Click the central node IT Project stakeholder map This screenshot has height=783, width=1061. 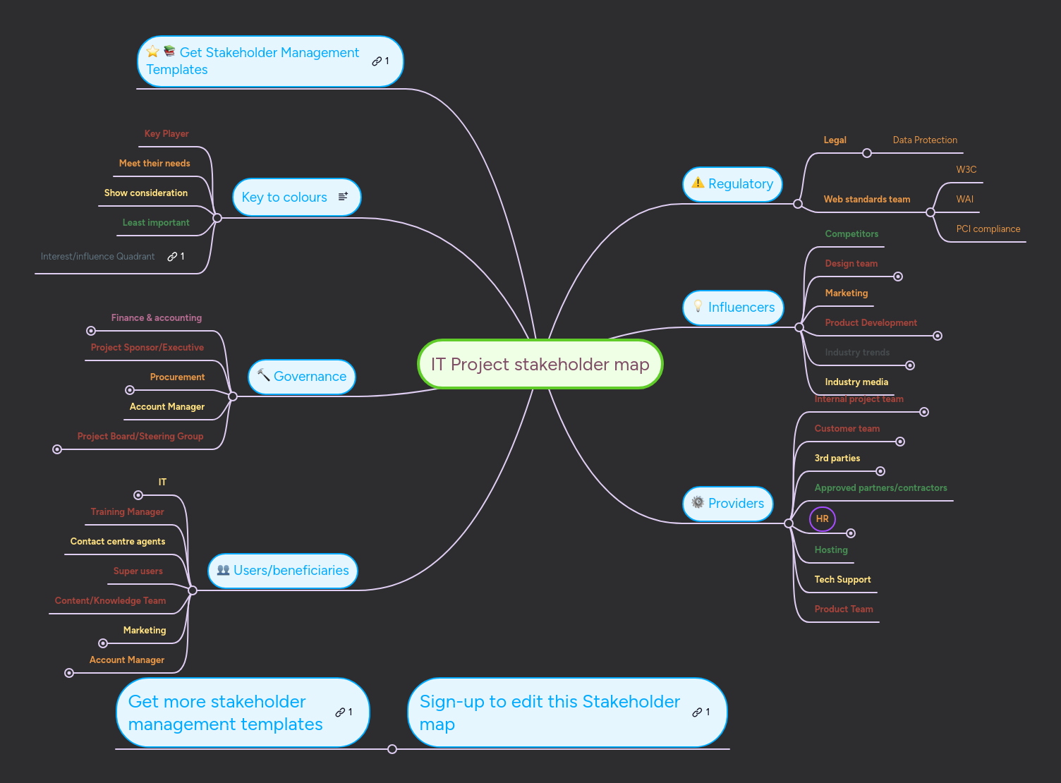[x=540, y=364]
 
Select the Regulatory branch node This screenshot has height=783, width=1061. [x=732, y=184]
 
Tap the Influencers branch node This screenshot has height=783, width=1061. [x=733, y=308]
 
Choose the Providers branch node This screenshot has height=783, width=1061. [x=728, y=504]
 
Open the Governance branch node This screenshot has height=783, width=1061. [x=302, y=377]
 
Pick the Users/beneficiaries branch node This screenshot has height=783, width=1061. [x=283, y=571]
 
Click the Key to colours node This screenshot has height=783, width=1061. [x=296, y=198]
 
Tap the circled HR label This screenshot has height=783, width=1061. [x=823, y=519]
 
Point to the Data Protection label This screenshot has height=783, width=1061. [x=925, y=140]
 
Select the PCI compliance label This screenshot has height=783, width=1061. [x=988, y=229]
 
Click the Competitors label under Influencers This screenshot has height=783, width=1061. [x=851, y=234]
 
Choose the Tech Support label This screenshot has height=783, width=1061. [x=842, y=580]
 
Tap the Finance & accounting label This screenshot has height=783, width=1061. [x=156, y=318]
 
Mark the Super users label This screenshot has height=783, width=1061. [x=138, y=571]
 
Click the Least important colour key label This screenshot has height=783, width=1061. [x=156, y=223]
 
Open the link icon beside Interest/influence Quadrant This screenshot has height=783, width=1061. [x=172, y=257]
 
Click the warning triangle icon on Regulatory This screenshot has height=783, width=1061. [x=698, y=183]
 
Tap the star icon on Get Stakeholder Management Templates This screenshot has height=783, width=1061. [x=153, y=51]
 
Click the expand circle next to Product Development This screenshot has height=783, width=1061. [x=938, y=336]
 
